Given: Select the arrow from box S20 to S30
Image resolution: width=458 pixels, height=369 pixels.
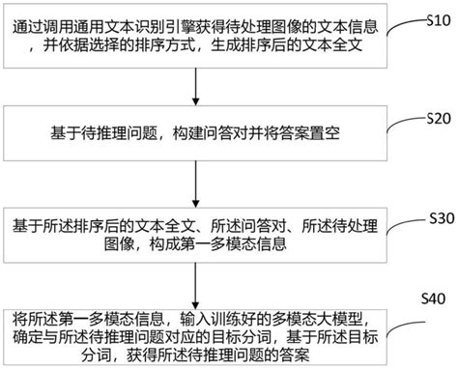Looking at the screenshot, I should pos(197,184).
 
